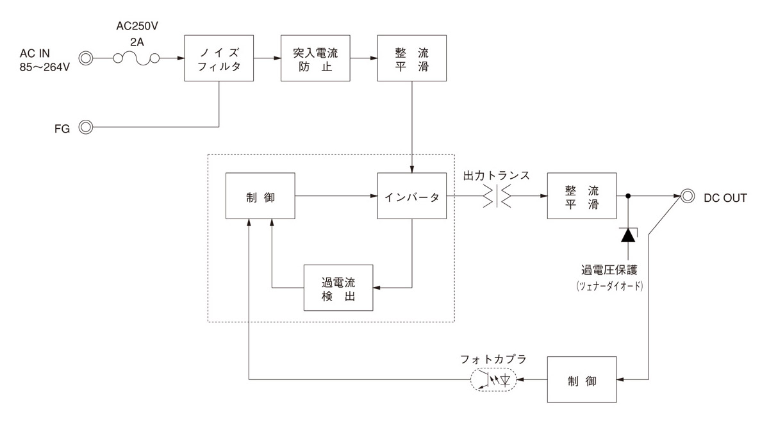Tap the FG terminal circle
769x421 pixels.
click(85, 126)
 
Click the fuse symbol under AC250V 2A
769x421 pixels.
click(136, 59)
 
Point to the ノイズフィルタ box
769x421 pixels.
click(219, 58)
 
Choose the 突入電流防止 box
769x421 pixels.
click(315, 58)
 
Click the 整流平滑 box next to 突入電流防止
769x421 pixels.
click(411, 58)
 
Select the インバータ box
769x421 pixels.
click(411, 197)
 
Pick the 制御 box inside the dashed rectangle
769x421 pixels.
click(260, 197)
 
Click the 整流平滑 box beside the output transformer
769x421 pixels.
click(581, 197)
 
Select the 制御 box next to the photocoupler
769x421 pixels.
click(581, 380)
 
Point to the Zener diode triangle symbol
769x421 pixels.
click(629, 235)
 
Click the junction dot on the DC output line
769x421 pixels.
click(629, 197)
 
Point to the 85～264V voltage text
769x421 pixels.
click(44, 66)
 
